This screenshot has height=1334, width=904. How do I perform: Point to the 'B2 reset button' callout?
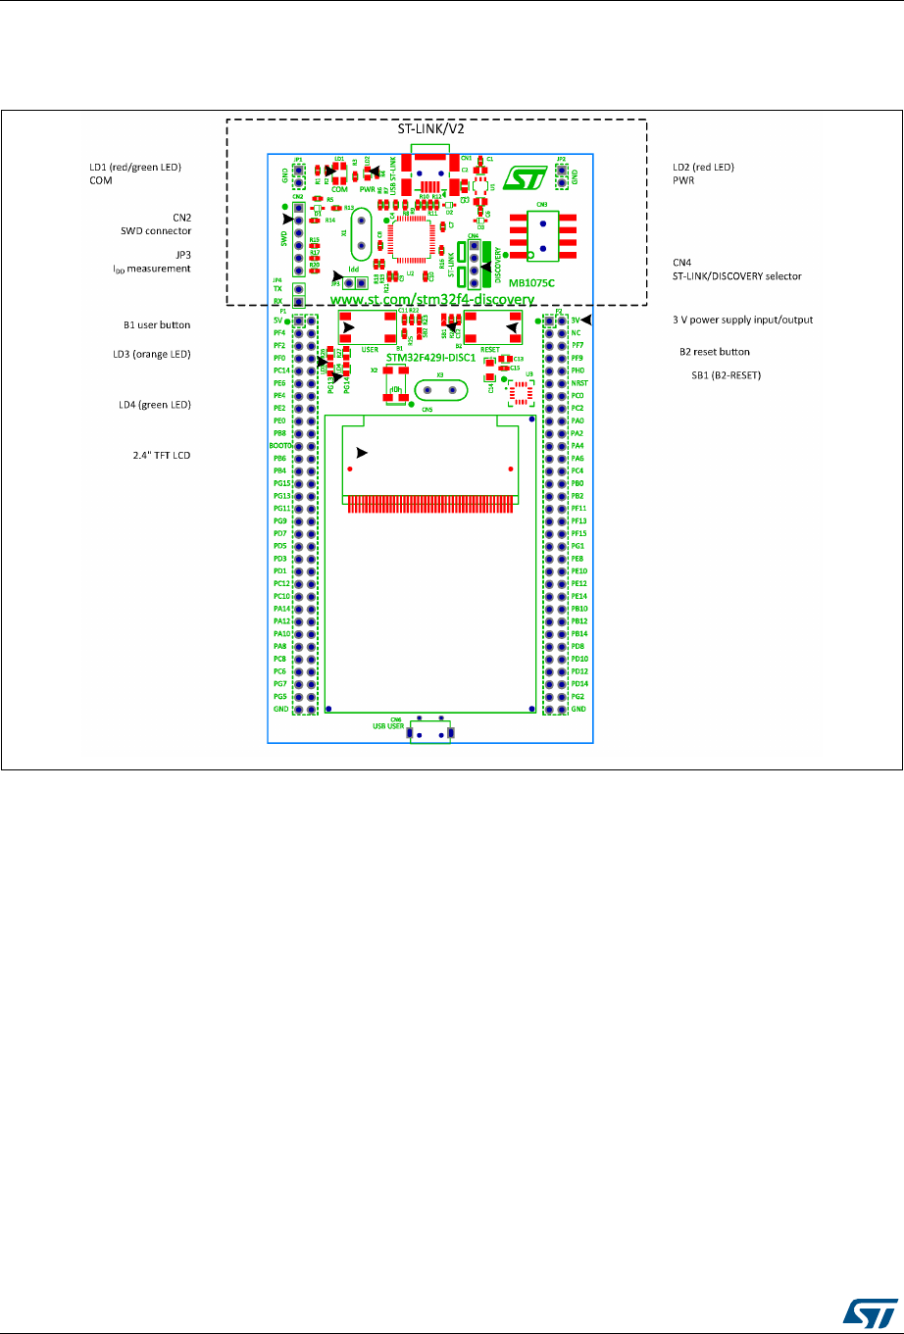pyautogui.click(x=715, y=351)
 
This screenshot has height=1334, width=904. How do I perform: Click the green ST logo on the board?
pyautogui.click(x=518, y=178)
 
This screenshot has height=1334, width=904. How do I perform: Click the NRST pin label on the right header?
pyautogui.click(x=578, y=383)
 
